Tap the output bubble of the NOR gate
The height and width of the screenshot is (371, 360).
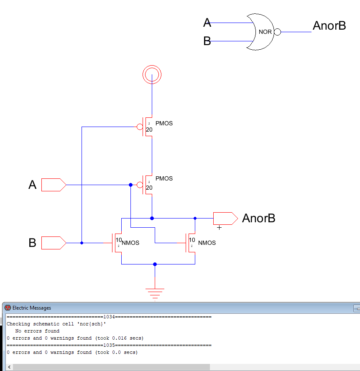(277, 32)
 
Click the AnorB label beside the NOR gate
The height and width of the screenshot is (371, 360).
(329, 26)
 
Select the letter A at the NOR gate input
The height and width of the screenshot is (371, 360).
(207, 23)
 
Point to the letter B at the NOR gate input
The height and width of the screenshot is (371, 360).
(207, 41)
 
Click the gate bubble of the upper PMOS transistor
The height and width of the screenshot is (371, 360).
(140, 127)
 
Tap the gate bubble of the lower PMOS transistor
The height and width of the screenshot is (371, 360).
(140, 185)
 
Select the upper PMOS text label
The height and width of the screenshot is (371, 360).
(164, 124)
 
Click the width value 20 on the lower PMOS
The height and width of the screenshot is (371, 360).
(149, 188)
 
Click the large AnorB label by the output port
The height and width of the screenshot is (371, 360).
(258, 219)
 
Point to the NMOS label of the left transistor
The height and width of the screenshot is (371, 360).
(130, 243)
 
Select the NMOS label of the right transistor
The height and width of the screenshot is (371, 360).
(207, 243)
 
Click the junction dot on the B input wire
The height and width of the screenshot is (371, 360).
(82, 243)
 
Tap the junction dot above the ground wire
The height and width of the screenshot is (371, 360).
(155, 264)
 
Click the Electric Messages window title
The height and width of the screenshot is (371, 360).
(32, 308)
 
